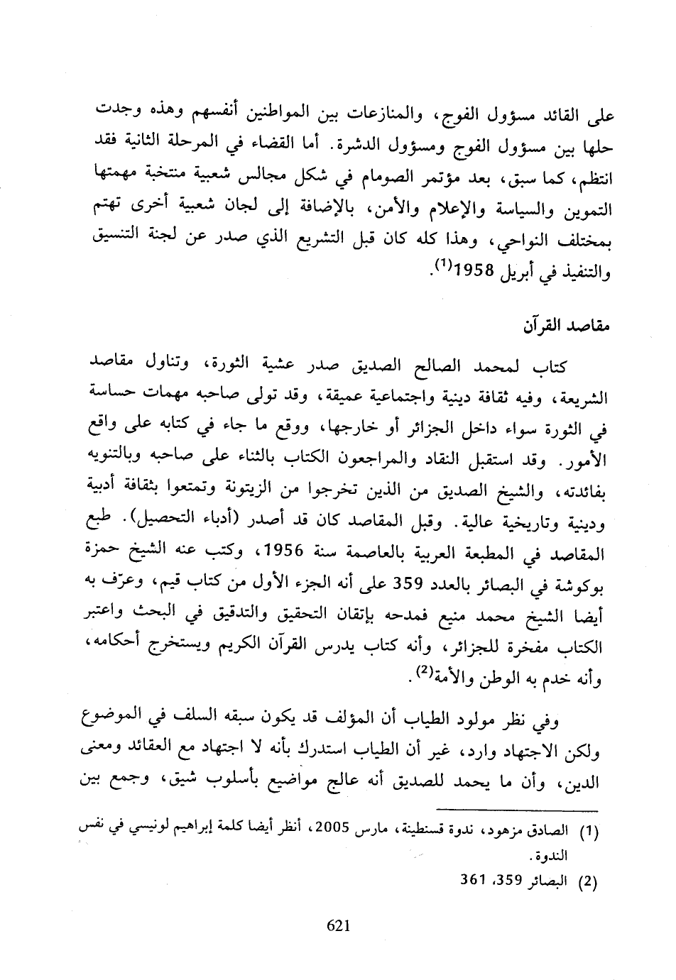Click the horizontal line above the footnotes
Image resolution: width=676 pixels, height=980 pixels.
tap(516, 810)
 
